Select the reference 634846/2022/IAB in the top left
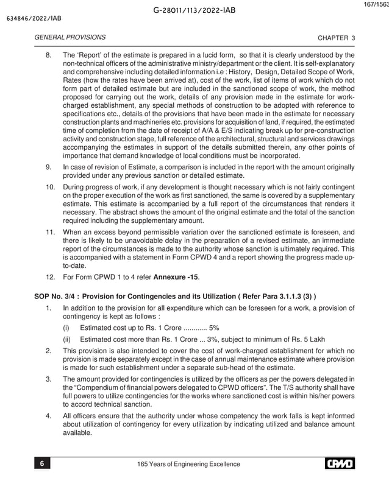click(x=30, y=18)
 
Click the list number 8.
click(x=49, y=55)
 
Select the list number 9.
click(x=49, y=166)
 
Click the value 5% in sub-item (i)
click(x=215, y=327)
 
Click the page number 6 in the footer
click(x=42, y=464)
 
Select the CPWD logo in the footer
click(x=340, y=464)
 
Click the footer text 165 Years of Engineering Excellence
click(x=190, y=465)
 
